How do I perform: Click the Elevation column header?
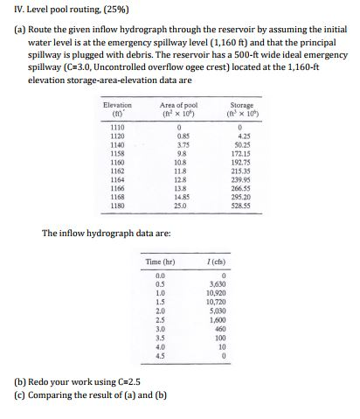(x=117, y=108)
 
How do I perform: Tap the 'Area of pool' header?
(x=180, y=108)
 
